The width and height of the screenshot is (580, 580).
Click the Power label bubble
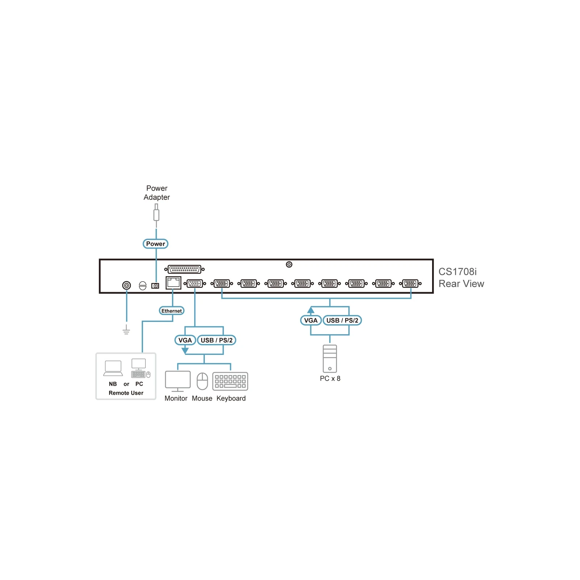pyautogui.click(x=156, y=244)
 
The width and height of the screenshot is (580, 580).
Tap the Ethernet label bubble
pyautogui.click(x=172, y=311)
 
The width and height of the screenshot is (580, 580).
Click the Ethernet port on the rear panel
pyautogui.click(x=173, y=282)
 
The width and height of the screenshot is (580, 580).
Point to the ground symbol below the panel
pyautogui.click(x=126, y=330)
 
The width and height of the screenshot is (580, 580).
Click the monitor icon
pyautogui.click(x=178, y=381)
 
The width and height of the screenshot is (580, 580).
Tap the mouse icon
pyautogui.click(x=202, y=381)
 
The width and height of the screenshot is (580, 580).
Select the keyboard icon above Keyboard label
pyautogui.click(x=230, y=381)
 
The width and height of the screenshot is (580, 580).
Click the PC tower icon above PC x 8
pyautogui.click(x=330, y=359)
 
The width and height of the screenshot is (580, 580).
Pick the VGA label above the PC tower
pyautogui.click(x=311, y=320)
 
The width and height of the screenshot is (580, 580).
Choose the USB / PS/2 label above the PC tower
pyautogui.click(x=342, y=320)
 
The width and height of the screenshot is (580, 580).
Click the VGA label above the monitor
pyautogui.click(x=185, y=340)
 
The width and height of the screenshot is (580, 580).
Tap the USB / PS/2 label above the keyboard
pyautogui.click(x=217, y=340)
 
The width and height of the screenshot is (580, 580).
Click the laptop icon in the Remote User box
pyautogui.click(x=113, y=368)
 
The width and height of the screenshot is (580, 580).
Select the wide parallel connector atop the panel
pyautogui.click(x=185, y=269)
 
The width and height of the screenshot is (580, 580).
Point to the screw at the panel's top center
pyautogui.click(x=289, y=264)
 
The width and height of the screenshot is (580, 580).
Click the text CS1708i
pyautogui.click(x=457, y=272)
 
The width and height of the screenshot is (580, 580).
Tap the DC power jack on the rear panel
pyautogui.click(x=155, y=286)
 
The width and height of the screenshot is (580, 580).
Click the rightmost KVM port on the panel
pyautogui.click(x=410, y=283)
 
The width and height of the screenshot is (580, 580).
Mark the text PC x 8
pyautogui.click(x=330, y=378)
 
